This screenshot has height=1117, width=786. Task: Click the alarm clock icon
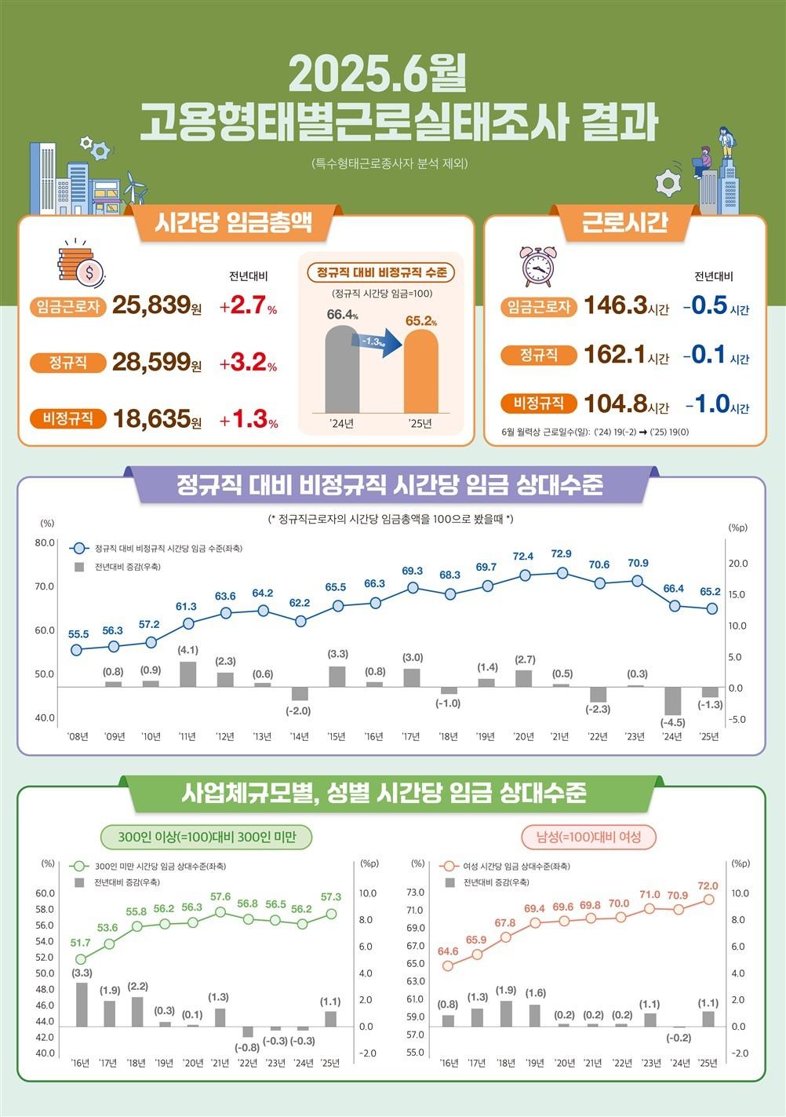[x=537, y=266]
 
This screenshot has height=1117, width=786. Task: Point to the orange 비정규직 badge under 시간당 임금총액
[x=67, y=418]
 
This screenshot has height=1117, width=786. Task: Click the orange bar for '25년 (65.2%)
[x=420, y=371]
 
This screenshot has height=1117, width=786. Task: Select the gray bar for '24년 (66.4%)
[x=342, y=369]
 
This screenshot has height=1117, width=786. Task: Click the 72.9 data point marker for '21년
[x=562, y=573]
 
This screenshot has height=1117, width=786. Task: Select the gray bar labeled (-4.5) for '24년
[x=672, y=701]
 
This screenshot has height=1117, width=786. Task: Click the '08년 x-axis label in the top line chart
[x=78, y=736]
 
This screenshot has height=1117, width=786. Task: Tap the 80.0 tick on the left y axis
[x=45, y=542]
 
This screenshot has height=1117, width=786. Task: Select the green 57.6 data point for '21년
[x=220, y=912]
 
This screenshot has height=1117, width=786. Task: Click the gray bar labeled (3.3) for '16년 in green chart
[x=82, y=1004]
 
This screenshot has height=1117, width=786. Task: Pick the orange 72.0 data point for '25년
[x=708, y=900]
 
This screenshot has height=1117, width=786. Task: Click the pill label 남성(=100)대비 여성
[x=588, y=837]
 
